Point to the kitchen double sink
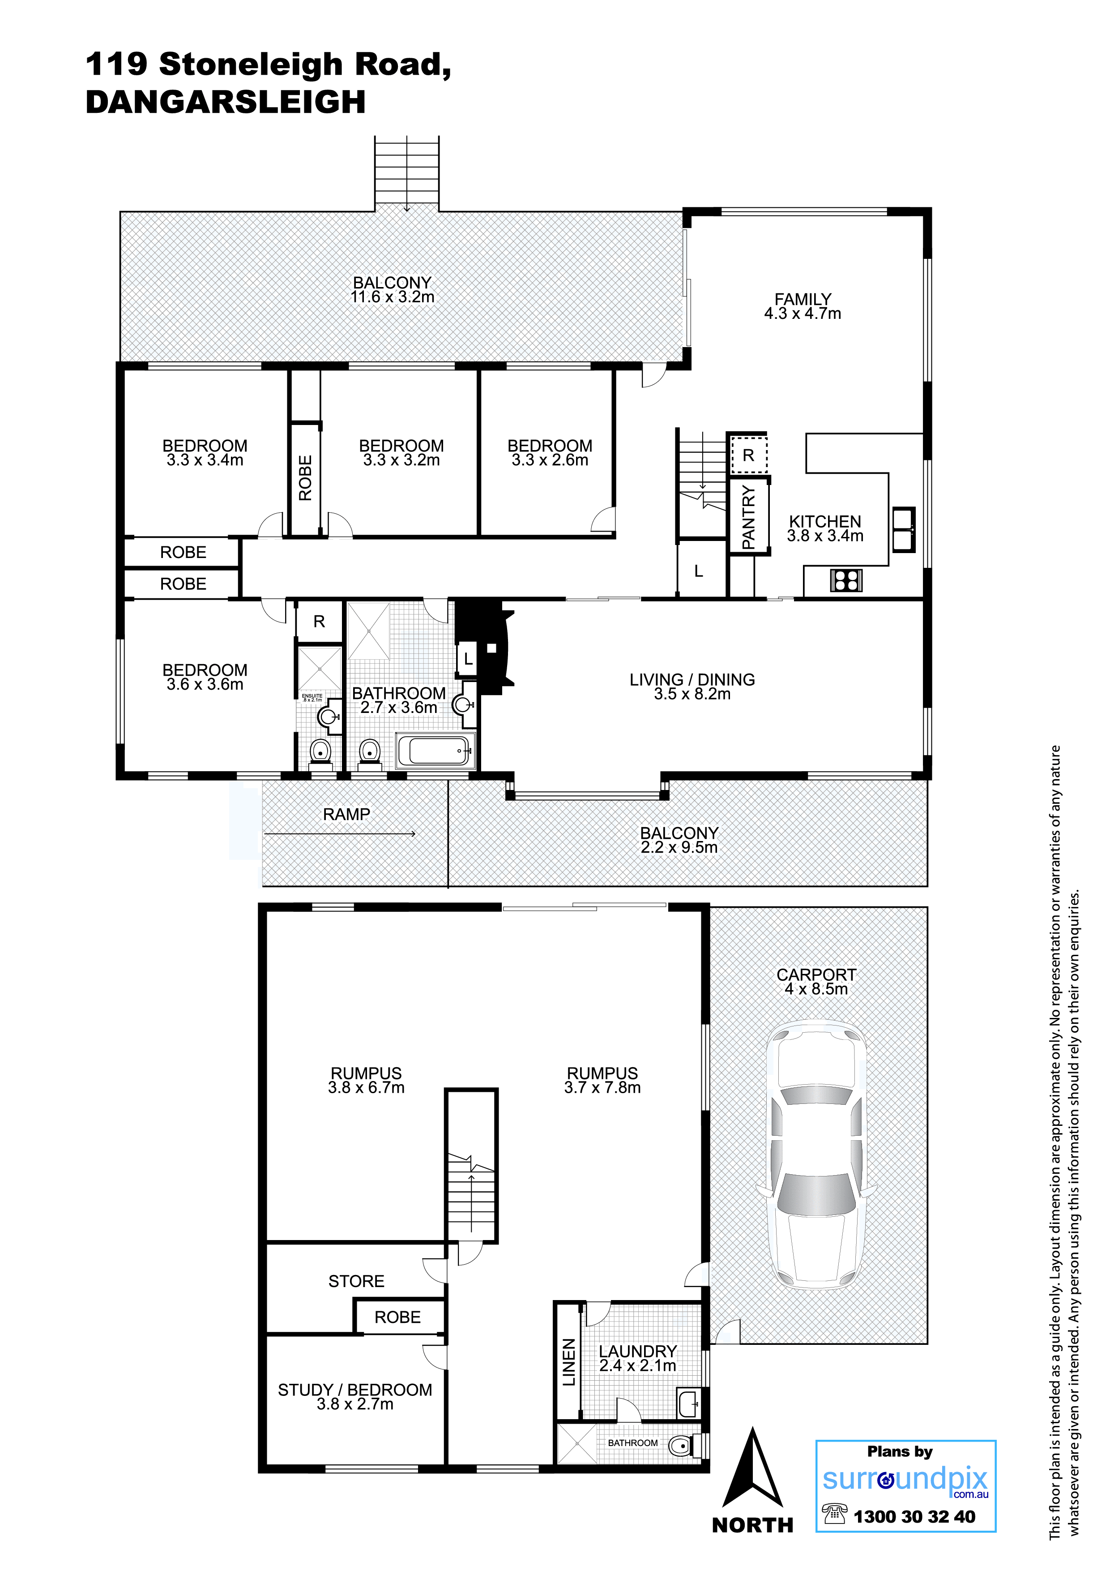pos(904,530)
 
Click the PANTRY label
pos(748,517)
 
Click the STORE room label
pos(356,1281)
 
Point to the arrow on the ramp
pos(340,833)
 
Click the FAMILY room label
pos(803,299)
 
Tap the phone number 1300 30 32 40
pos(914,1516)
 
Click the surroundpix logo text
pos(905,1479)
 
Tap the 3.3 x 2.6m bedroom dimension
pos(550,460)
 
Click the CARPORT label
pos(816,974)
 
